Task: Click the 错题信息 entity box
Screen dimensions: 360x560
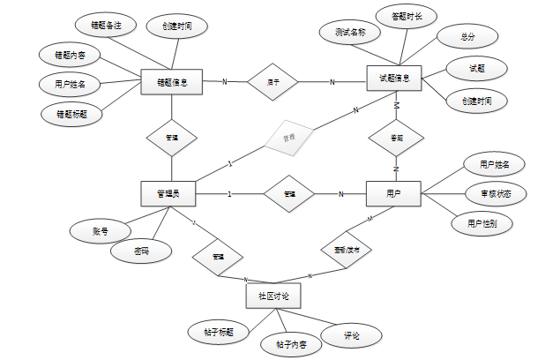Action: (x=172, y=82)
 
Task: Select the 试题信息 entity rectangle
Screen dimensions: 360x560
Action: (x=394, y=78)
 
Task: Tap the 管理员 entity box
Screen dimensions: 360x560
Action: (x=168, y=193)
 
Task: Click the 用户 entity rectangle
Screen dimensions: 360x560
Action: (x=393, y=193)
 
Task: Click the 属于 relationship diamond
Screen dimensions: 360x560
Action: (x=274, y=82)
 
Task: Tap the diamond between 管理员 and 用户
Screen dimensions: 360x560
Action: (x=288, y=193)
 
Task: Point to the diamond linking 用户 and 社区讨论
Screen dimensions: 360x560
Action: (x=340, y=251)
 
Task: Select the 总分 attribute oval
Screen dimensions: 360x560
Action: (x=467, y=37)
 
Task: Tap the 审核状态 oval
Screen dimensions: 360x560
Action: (x=496, y=193)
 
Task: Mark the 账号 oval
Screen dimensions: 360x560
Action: (x=100, y=231)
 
